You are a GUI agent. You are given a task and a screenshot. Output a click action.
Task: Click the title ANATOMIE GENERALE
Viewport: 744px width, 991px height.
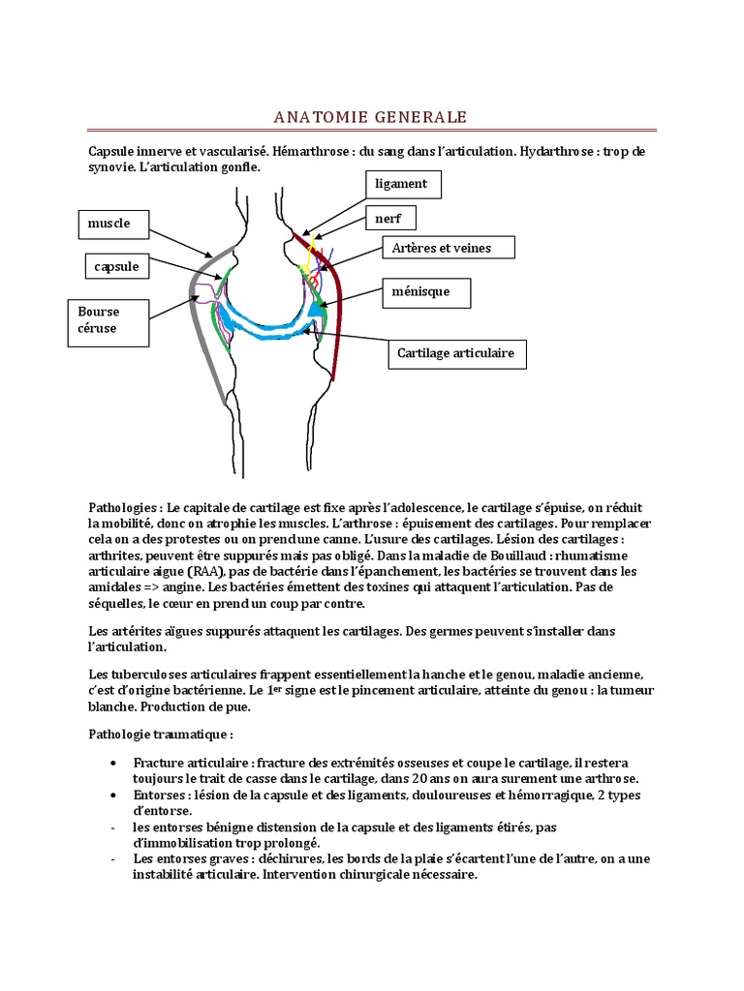(x=371, y=117)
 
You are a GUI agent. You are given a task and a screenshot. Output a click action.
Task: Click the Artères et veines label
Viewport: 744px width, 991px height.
(x=448, y=248)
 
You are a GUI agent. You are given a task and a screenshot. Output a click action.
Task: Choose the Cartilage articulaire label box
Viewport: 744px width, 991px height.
(x=457, y=354)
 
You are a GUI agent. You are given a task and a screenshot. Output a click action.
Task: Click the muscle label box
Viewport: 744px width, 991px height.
(x=115, y=224)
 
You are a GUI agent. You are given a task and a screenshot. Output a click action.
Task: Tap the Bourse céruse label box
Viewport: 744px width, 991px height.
(x=112, y=320)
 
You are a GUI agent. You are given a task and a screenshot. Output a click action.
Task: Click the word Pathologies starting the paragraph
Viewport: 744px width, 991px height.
(x=124, y=507)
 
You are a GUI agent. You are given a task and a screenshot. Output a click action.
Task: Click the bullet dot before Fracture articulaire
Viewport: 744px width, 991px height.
(x=114, y=764)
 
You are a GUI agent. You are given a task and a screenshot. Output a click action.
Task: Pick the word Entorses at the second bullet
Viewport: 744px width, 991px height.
(x=162, y=796)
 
